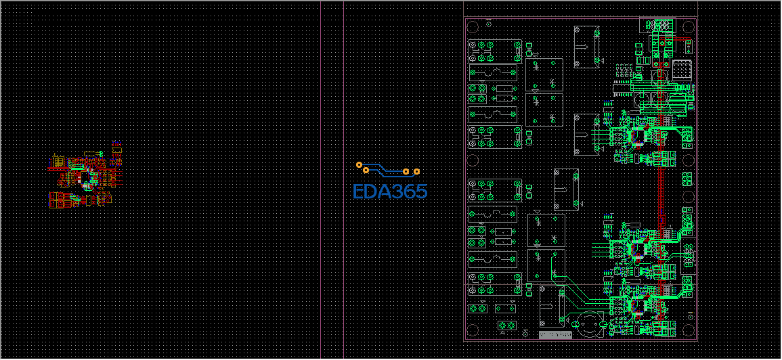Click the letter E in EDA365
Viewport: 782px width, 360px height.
pyautogui.click(x=358, y=192)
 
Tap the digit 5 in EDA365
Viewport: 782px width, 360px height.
pyautogui.click(x=420, y=192)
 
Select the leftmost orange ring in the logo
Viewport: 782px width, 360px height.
pyautogui.click(x=359, y=164)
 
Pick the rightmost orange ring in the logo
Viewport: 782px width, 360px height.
pyautogui.click(x=417, y=172)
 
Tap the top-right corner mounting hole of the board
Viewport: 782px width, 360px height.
pyautogui.click(x=688, y=27)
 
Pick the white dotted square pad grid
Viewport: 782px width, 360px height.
pyautogui.click(x=682, y=70)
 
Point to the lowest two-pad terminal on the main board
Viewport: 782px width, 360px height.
pyautogui.click(x=504, y=326)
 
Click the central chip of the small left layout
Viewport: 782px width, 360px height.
pyautogui.click(x=85, y=177)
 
